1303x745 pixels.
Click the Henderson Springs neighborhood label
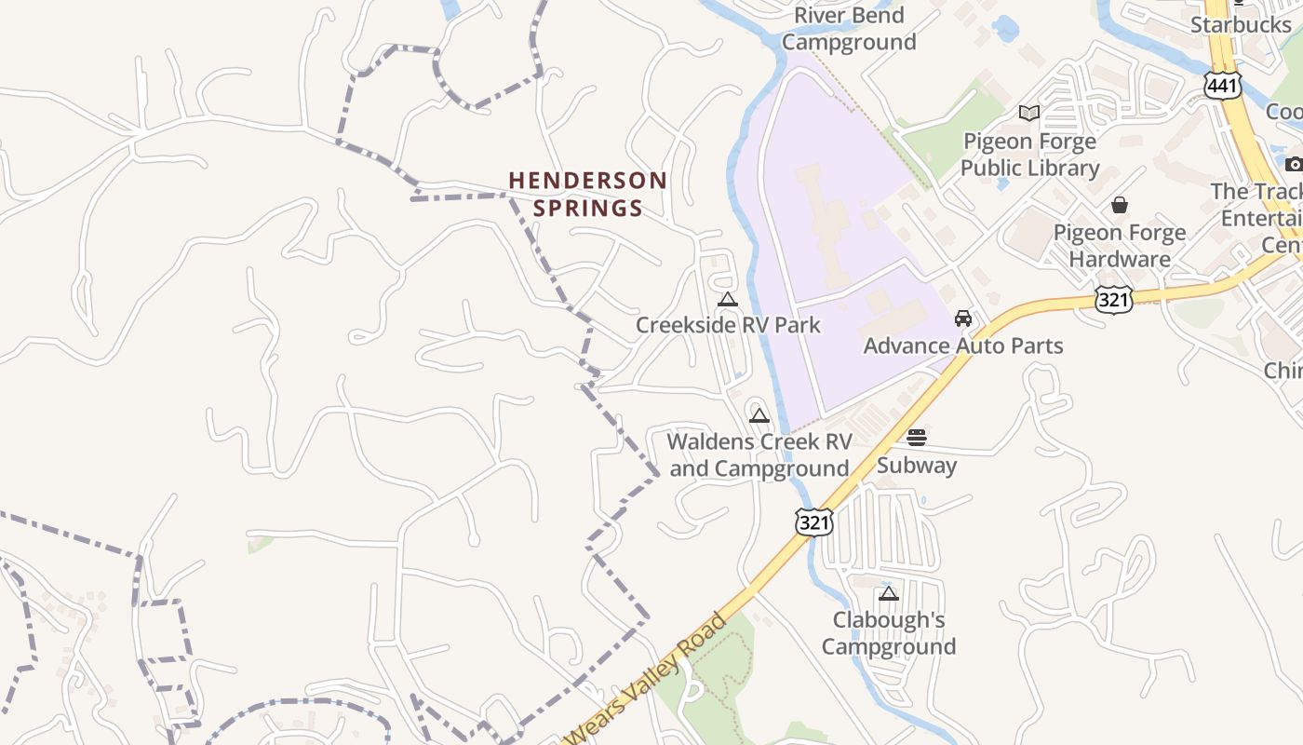pos(587,194)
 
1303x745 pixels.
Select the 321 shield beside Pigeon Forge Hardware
pos(1114,298)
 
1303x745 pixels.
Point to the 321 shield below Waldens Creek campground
pos(813,521)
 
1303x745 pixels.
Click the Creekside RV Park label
pos(728,325)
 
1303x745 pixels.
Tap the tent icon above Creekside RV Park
pos(728,299)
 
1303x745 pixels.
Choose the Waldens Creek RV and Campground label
pos(759,454)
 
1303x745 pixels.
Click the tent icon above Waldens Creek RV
pos(759,415)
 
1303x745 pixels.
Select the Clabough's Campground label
pos(889,633)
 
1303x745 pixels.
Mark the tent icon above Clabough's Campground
pos(889,593)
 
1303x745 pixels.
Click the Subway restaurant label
pos(917,465)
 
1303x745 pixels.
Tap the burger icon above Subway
pos(917,438)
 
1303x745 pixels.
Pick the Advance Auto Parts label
pos(963,345)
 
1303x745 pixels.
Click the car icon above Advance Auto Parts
pos(963,318)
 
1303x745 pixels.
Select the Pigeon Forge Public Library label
pos(1029,155)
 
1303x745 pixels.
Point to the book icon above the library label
pos(1029,114)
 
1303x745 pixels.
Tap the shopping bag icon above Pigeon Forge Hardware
pos(1120,205)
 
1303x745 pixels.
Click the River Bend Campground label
pos(849,29)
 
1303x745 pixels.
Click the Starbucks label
pos(1241,24)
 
